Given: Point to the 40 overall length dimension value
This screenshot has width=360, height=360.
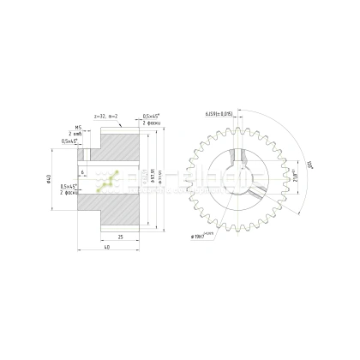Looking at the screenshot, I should click(105, 248).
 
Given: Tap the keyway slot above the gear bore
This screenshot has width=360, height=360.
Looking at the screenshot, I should click(243, 159).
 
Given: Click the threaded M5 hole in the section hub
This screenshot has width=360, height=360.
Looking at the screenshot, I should click(87, 154).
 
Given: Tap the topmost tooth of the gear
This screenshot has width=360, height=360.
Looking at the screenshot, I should click(243, 120).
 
